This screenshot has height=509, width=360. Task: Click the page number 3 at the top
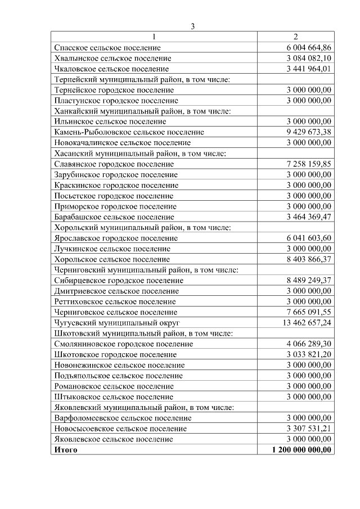(192, 26)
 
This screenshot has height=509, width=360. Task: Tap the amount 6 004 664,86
(309, 48)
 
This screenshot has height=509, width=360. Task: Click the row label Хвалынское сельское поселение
(112, 58)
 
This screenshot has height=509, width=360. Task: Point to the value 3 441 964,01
(309, 69)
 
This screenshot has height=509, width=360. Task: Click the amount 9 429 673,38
(309, 132)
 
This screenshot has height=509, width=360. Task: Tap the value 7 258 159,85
(309, 164)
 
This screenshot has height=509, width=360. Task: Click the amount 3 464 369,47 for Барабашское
(309, 217)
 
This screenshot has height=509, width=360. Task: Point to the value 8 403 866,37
(309, 259)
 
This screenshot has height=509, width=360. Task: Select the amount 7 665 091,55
(309, 312)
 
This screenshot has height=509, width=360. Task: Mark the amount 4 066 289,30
(309, 344)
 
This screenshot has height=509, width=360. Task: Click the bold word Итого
(66, 450)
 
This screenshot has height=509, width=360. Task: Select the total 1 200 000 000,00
(301, 450)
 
